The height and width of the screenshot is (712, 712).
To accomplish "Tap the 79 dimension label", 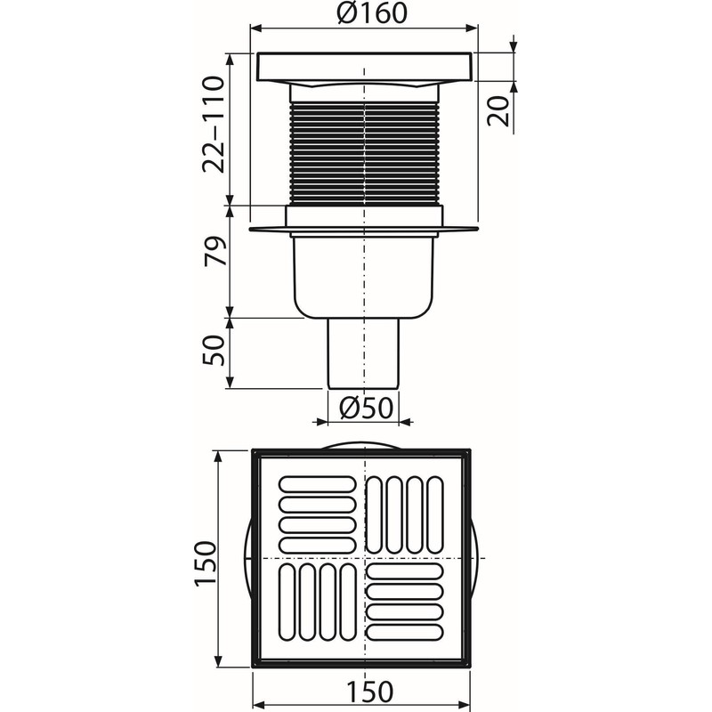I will tap(212, 259).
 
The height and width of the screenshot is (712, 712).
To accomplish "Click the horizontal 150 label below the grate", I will tap(364, 692).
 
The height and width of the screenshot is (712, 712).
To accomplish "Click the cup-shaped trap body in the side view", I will tap(364, 276).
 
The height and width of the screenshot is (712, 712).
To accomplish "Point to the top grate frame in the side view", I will tap(364, 68).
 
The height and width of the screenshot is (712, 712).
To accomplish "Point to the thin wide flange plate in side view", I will tap(364, 231).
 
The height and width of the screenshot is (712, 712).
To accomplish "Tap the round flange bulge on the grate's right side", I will tap(481, 558).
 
